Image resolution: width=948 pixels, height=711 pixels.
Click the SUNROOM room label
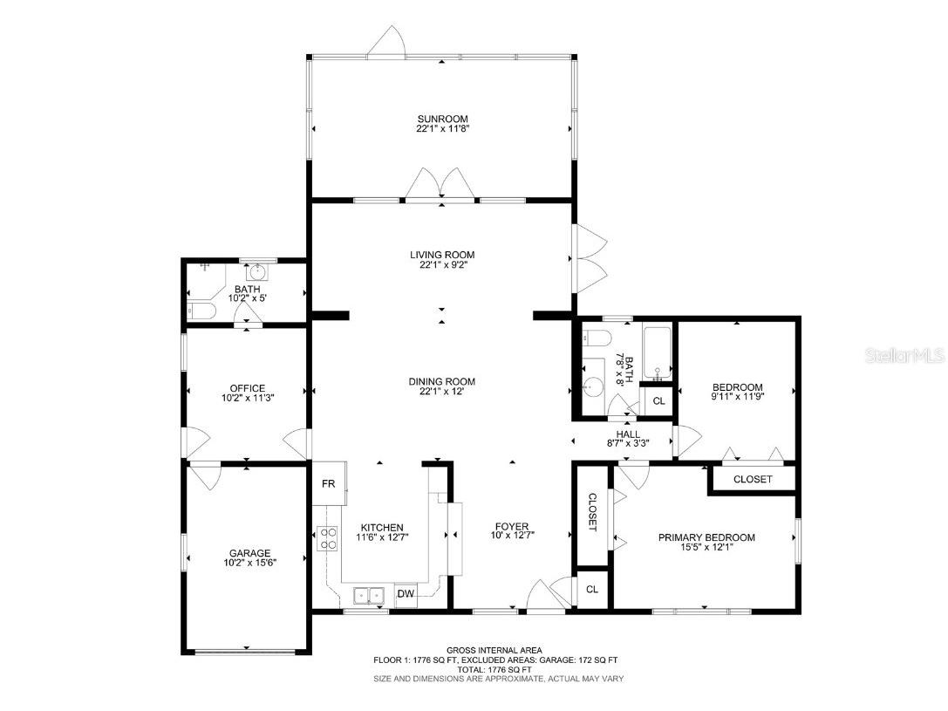(442, 119)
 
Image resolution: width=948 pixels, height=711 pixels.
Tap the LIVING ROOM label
(442, 255)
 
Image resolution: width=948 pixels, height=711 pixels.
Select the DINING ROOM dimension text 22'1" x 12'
(442, 392)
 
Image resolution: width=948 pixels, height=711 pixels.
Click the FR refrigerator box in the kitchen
(329, 483)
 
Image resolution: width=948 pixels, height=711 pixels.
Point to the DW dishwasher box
(406, 594)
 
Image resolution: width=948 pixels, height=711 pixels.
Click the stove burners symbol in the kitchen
(328, 539)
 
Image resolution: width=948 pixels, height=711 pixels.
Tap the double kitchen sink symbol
(371, 596)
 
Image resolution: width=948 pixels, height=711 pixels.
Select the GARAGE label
(249, 553)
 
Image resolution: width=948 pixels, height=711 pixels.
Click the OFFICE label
(248, 388)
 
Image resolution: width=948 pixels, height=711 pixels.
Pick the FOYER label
(512, 526)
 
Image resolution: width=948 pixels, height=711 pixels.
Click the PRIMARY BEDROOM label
(706, 537)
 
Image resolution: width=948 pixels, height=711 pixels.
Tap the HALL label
(628, 434)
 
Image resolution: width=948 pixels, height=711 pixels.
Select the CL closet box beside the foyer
(592, 590)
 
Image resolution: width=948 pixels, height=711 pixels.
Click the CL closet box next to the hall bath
(658, 401)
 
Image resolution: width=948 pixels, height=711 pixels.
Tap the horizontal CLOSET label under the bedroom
(752, 479)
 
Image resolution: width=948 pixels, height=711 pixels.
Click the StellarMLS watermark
(910, 356)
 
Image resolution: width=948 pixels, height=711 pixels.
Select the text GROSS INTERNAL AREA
(494, 650)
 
